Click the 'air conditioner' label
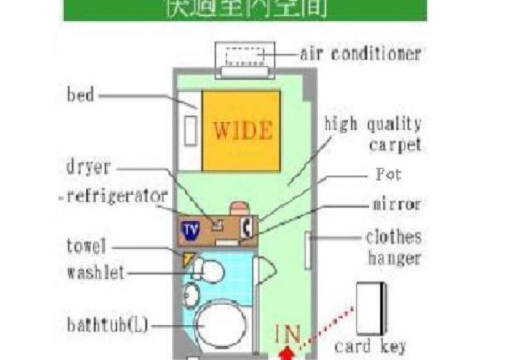point(360,53)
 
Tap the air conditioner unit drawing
point(245,60)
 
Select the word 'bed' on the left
point(80,96)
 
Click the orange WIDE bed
point(242,130)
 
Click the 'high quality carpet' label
point(372,134)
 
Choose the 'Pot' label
point(388,175)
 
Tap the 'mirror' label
point(396,204)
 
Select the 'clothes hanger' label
point(393,248)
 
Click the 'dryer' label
point(89,168)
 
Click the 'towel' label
point(86,246)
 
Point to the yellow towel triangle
point(188,259)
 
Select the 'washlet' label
point(95,273)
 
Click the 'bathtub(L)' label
point(107,325)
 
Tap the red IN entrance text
point(287,335)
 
